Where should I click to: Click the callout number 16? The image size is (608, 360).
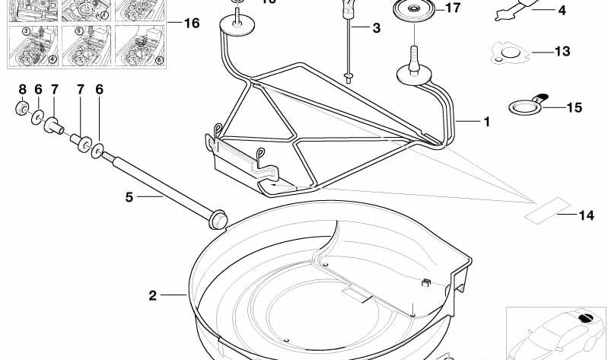(x=191, y=24)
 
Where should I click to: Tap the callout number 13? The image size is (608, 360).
(x=562, y=53)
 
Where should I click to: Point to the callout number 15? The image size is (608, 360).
(x=573, y=108)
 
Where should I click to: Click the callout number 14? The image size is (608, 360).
(x=585, y=215)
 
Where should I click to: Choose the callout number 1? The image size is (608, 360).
(x=485, y=121)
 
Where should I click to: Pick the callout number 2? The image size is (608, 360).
(x=152, y=295)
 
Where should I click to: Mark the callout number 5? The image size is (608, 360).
(x=129, y=197)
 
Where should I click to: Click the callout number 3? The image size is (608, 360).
(x=376, y=29)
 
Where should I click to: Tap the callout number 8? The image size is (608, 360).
(x=21, y=89)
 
